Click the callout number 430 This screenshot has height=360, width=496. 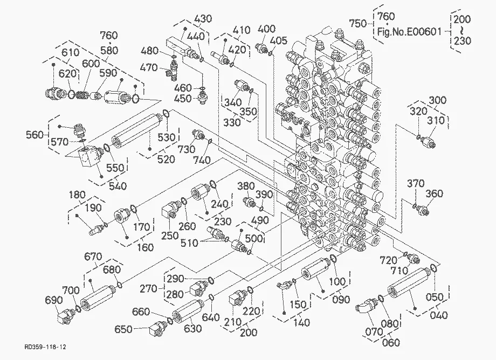click(203, 19)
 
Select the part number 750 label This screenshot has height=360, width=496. click(358, 23)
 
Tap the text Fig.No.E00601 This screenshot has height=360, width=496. click(409, 32)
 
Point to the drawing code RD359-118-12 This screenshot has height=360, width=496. click(45, 347)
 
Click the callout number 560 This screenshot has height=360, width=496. click(35, 135)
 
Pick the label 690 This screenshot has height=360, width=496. click(54, 300)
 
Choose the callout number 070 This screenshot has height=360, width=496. click(374, 331)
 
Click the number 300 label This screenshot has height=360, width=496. click(437, 100)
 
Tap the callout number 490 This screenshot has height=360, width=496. click(260, 220)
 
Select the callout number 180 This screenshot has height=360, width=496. click(77, 195)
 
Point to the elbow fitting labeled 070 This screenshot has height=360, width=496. click(366, 306)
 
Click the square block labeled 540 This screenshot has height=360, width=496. click(88, 157)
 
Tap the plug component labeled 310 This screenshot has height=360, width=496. click(428, 143)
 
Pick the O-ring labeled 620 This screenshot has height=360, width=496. click(71, 94)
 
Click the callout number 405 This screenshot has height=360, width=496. click(279, 40)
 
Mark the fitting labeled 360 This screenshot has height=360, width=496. click(422, 210)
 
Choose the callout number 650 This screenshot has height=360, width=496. click(123, 329)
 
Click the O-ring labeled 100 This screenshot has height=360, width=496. click(333, 259)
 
